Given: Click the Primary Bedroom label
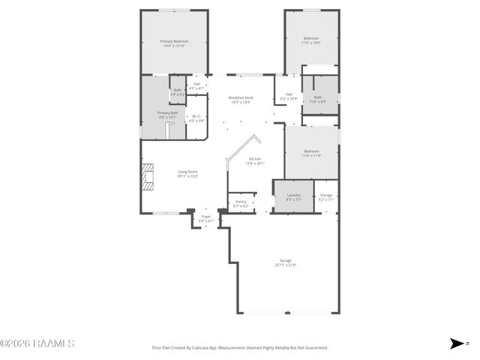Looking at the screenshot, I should click(x=174, y=43).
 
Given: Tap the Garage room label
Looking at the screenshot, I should click(x=285, y=262).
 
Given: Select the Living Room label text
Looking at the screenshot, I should click(x=187, y=174).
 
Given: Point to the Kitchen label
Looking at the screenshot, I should click(x=255, y=160).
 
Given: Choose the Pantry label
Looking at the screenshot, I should click(x=241, y=203).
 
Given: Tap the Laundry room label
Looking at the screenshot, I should click(x=293, y=196).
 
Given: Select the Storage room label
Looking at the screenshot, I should click(x=325, y=196).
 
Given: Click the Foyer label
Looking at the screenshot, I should click(x=205, y=219).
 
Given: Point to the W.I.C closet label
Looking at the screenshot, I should click(x=196, y=118).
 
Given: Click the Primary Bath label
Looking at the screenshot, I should click(x=166, y=115).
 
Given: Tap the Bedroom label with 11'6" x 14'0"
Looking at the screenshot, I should click(x=311, y=40).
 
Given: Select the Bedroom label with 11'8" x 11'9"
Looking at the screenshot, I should click(x=311, y=153).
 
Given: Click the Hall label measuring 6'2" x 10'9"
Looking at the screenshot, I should click(x=289, y=97).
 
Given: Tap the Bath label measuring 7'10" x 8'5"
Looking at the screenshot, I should click(x=318, y=99).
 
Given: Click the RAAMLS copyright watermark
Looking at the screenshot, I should click(x=37, y=343).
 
